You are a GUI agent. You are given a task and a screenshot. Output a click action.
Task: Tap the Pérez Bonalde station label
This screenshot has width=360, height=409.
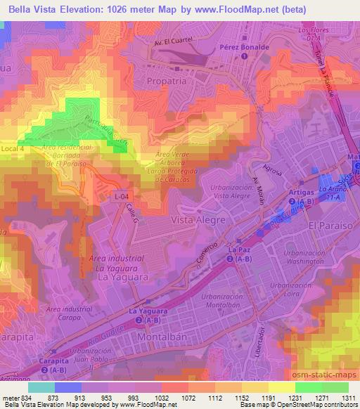(244, 46)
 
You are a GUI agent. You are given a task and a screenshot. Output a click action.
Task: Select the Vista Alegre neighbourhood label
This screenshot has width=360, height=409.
(198, 220)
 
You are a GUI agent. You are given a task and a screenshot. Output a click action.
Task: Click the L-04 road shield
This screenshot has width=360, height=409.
(123, 197)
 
